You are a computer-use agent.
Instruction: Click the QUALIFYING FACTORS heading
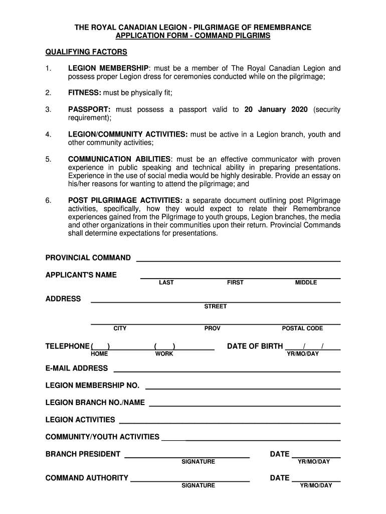click(x=86, y=52)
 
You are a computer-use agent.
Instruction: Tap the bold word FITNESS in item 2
click(x=85, y=93)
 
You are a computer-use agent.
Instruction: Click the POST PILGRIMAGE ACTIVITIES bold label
click(x=126, y=200)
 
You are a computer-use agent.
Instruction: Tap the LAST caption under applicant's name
click(x=166, y=283)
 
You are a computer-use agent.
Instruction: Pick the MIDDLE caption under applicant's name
click(x=306, y=283)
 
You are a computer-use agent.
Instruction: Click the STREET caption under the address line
click(x=215, y=306)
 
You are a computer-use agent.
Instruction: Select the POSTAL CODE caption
click(x=302, y=328)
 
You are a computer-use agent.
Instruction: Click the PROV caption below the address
click(x=212, y=328)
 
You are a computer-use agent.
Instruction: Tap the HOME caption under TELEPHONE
click(x=99, y=354)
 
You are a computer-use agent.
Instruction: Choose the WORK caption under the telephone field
click(x=164, y=354)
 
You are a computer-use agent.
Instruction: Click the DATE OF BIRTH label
click(x=255, y=346)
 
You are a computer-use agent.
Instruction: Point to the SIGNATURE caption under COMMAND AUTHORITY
click(x=198, y=485)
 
